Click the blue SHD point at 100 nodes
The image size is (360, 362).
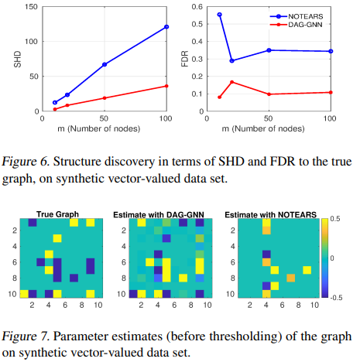(x=166, y=27)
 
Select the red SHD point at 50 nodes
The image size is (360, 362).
(x=105, y=97)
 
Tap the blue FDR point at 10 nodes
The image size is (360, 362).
(x=220, y=15)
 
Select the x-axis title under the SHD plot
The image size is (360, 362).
(x=105, y=126)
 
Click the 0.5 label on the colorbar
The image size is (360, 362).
(x=337, y=219)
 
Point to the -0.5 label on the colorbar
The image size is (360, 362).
(x=338, y=297)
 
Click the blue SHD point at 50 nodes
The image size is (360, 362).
(x=105, y=64)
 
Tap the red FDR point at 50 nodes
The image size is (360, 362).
(x=269, y=94)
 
